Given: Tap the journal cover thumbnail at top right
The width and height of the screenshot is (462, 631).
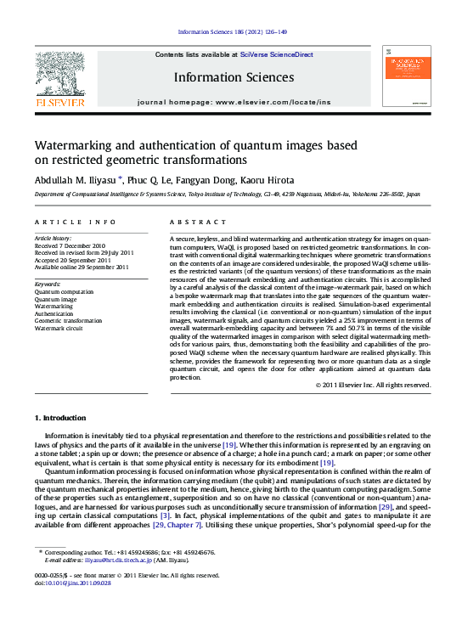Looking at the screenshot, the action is click(405, 76).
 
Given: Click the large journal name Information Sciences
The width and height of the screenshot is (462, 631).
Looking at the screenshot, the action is click(234, 77).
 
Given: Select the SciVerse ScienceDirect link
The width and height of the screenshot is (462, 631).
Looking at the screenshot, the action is click(276, 54).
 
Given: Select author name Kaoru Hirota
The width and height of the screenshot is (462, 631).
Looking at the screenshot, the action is click(270, 180).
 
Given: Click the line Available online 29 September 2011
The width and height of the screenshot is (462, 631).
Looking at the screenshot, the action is click(82, 267).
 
